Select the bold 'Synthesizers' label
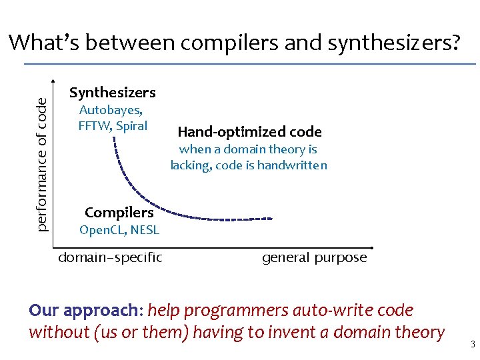113,93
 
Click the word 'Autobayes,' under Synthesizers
111,110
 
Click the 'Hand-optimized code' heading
249,132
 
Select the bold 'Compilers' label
119,213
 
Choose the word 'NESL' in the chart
145,231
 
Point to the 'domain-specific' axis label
111,257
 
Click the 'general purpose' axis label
314,257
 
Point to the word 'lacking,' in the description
190,165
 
